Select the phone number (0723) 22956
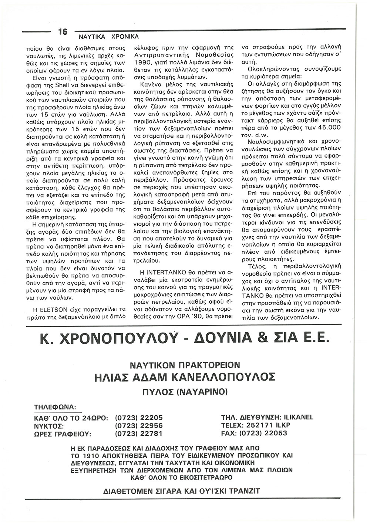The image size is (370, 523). [139, 426]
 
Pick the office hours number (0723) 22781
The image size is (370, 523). [139, 433]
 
